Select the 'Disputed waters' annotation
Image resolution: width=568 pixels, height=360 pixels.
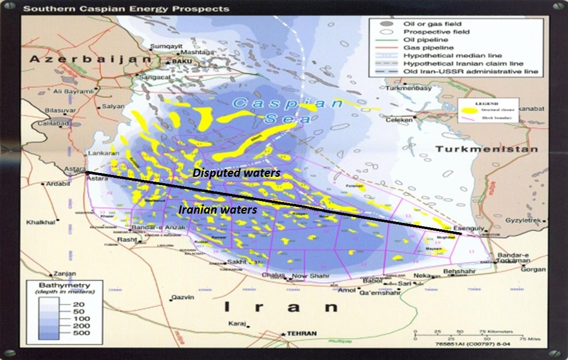click(x=237, y=172)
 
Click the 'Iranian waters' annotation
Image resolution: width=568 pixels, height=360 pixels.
click(x=218, y=210)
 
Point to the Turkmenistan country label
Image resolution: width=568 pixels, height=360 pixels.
click(x=486, y=149)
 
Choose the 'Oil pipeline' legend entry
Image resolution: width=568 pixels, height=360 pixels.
click(x=426, y=40)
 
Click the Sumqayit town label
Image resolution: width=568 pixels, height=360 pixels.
click(x=161, y=46)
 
